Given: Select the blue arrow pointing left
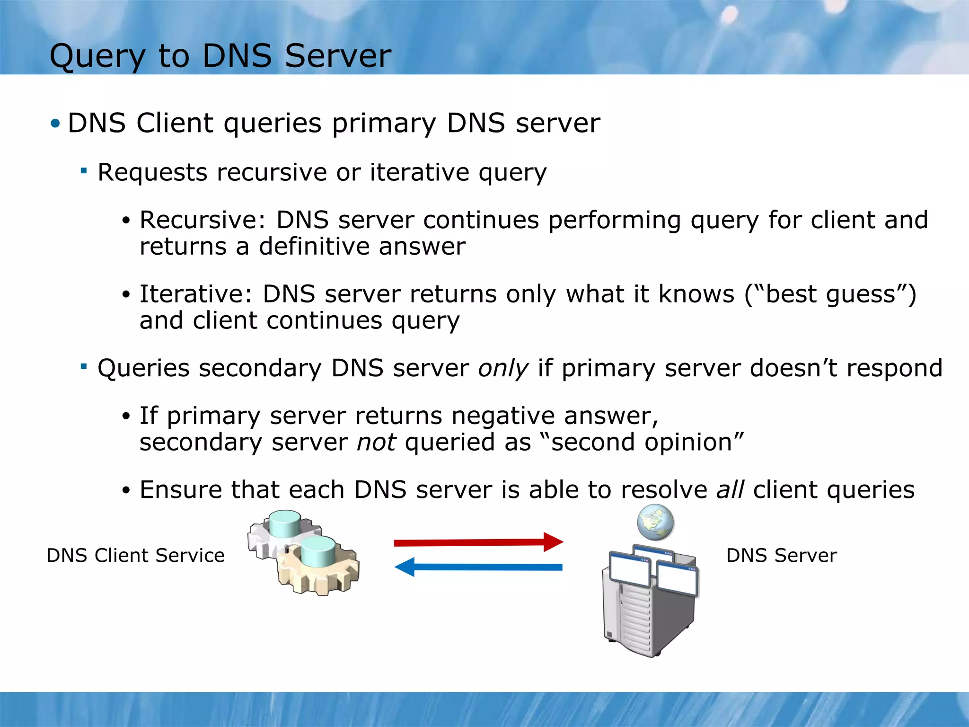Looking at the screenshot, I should pos(478,567).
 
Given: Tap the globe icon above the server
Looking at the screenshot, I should pos(655,523).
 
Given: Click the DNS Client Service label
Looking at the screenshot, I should pos(135,555).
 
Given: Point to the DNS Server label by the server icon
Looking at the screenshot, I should pos(781,555).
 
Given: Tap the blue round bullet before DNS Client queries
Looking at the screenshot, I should pos(55,124).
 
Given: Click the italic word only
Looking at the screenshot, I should pos(503,368).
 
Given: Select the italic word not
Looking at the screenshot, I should pos(376,443).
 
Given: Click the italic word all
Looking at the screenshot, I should pos(730,489).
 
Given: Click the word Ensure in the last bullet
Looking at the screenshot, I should pos(180,489).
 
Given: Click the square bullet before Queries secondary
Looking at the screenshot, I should pos(84,366).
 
